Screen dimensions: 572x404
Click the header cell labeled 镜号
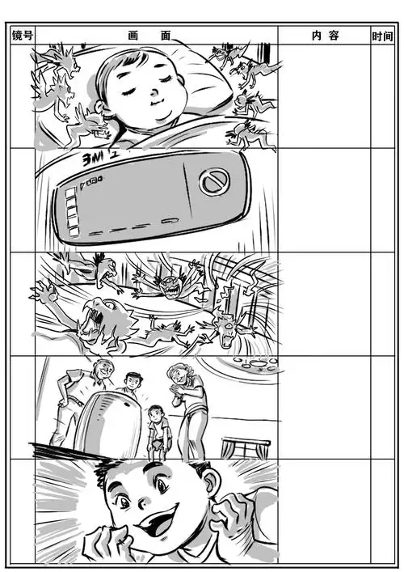coord(22,36)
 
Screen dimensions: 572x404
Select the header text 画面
coord(150,36)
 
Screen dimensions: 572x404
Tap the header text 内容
coord(325,36)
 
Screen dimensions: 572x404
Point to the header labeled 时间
coord(383,36)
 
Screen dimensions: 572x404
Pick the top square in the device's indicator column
coord(70,192)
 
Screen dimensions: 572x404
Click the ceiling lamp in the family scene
coord(250,362)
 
